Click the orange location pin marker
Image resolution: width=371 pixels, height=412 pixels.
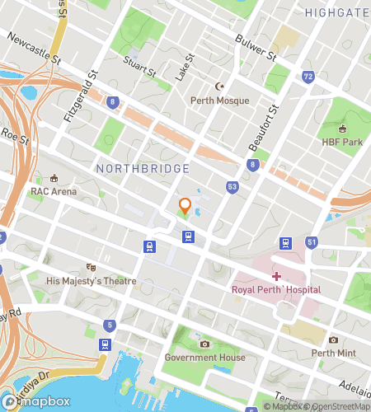(x=185, y=208)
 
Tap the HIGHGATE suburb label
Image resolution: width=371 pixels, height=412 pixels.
(x=336, y=12)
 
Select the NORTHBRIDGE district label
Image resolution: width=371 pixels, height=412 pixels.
(x=143, y=168)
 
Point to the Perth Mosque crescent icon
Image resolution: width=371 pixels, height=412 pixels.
(x=219, y=86)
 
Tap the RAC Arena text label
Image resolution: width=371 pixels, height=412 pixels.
(x=54, y=191)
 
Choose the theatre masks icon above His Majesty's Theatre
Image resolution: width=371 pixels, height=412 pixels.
(x=92, y=267)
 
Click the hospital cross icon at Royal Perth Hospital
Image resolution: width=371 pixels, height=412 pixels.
(x=276, y=276)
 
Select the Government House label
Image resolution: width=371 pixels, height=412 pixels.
(x=204, y=358)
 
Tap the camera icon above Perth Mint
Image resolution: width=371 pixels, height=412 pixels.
(x=333, y=339)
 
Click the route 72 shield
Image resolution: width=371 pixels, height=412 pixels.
(x=308, y=77)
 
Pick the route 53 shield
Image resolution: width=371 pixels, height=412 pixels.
(x=233, y=188)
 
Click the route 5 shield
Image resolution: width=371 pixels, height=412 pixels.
(x=109, y=324)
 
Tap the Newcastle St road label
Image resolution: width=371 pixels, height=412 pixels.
(x=34, y=49)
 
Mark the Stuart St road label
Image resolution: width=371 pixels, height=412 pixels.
(x=139, y=65)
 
